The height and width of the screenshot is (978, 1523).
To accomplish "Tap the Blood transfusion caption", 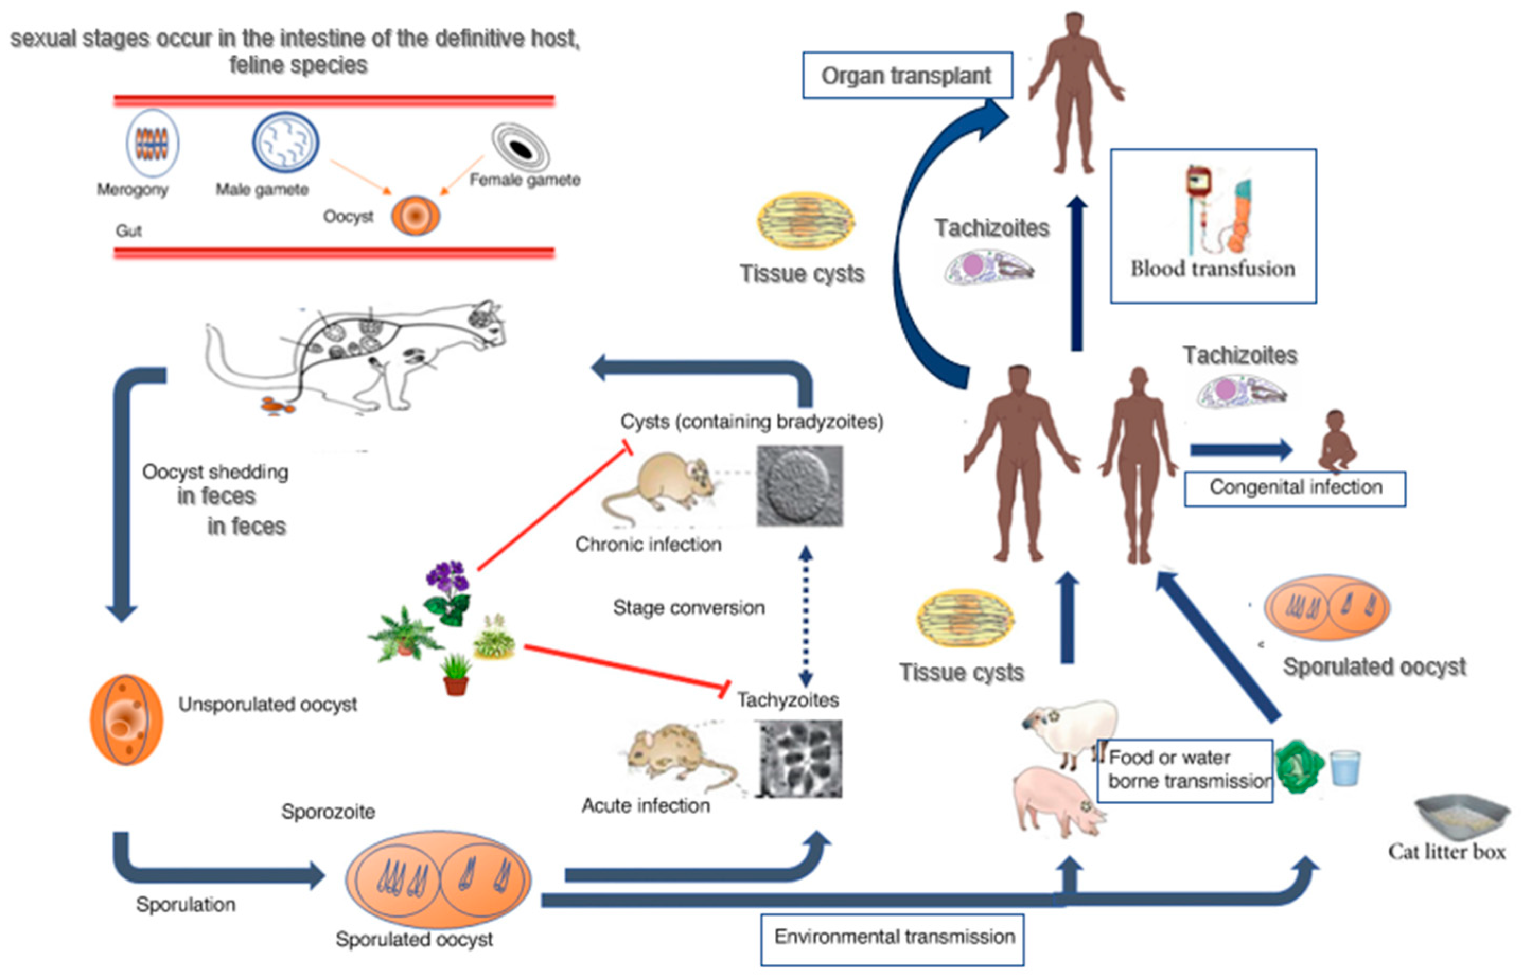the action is coord(1212,269).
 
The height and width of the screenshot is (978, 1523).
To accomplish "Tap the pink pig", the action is coord(1058,800).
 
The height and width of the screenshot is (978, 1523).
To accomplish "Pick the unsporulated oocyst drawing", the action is coord(127,719).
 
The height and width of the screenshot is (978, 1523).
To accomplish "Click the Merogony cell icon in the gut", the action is coord(152,144).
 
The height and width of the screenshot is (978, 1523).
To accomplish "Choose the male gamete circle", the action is coord(285,143).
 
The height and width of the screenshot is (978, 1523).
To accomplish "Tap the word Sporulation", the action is coord(186,904).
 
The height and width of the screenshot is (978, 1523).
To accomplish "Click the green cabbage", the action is coord(1300,767).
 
